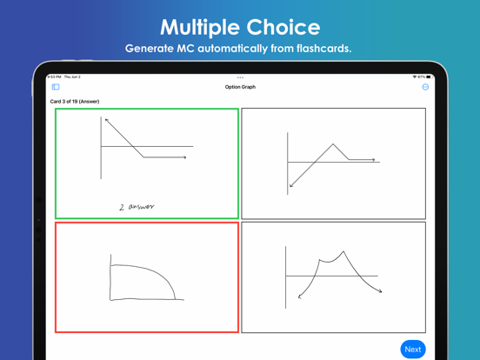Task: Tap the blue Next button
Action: pyautogui.click(x=413, y=349)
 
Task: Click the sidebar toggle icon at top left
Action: pyautogui.click(x=56, y=87)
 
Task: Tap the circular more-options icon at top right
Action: pyautogui.click(x=425, y=87)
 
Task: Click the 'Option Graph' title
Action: pyautogui.click(x=240, y=87)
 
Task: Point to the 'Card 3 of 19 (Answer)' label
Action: pyautogui.click(x=75, y=102)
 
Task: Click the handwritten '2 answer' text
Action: pyautogui.click(x=137, y=207)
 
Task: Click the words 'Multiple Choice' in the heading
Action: pyautogui.click(x=240, y=27)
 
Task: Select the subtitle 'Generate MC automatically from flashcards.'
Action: pyautogui.click(x=240, y=49)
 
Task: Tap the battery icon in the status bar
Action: pyautogui.click(x=429, y=77)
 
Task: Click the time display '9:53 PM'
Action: pyautogui.click(x=54, y=77)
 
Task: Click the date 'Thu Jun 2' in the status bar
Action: pyautogui.click(x=72, y=77)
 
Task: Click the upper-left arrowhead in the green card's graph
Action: pyautogui.click(x=106, y=120)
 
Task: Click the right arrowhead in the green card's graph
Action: pyautogui.click(x=184, y=157)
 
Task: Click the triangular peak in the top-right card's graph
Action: pyautogui.click(x=333, y=144)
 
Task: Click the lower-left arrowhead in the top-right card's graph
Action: pyautogui.click(x=291, y=185)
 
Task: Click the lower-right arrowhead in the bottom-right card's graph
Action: pyautogui.click(x=380, y=291)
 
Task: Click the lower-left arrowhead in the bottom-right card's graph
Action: pyautogui.click(x=300, y=297)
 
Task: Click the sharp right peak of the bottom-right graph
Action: pyautogui.click(x=344, y=252)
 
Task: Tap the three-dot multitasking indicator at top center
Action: pyautogui.click(x=240, y=77)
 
